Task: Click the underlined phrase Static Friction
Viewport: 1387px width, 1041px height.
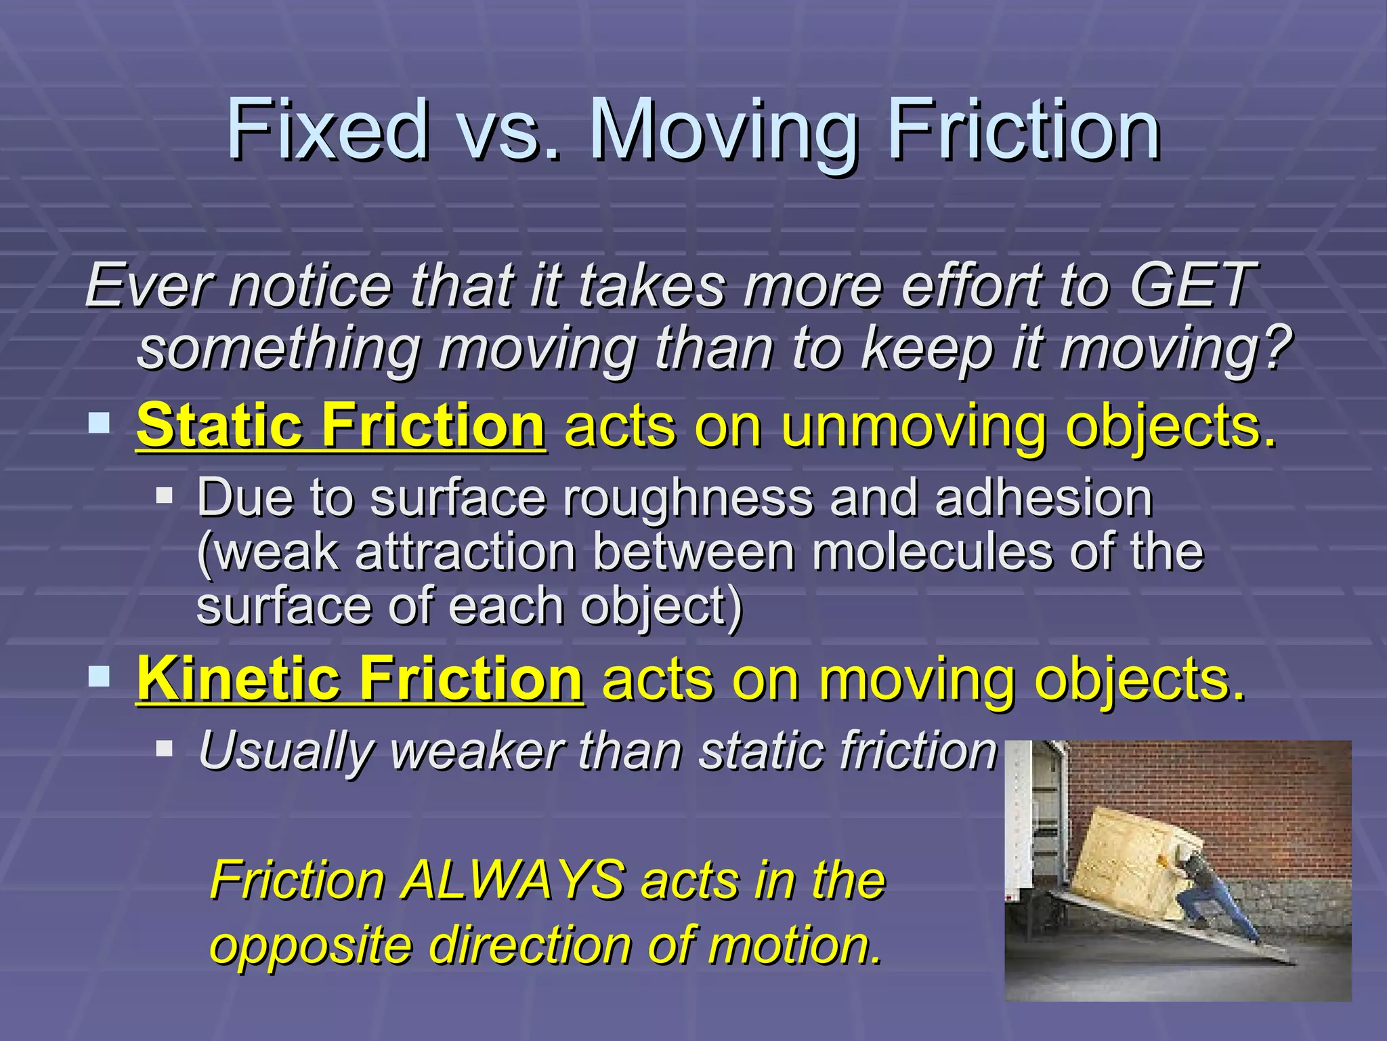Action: (340, 426)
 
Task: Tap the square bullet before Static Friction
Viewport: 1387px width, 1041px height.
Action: (100, 424)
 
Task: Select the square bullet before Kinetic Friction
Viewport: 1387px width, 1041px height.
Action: (100, 676)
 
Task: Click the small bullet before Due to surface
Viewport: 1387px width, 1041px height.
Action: (164, 495)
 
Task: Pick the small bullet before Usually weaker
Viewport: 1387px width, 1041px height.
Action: (164, 749)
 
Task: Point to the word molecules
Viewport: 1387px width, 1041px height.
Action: (932, 552)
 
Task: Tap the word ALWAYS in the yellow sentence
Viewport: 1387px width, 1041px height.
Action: (513, 880)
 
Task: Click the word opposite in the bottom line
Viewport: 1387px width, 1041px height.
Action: (311, 945)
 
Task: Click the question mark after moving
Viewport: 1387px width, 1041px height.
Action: (1277, 347)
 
